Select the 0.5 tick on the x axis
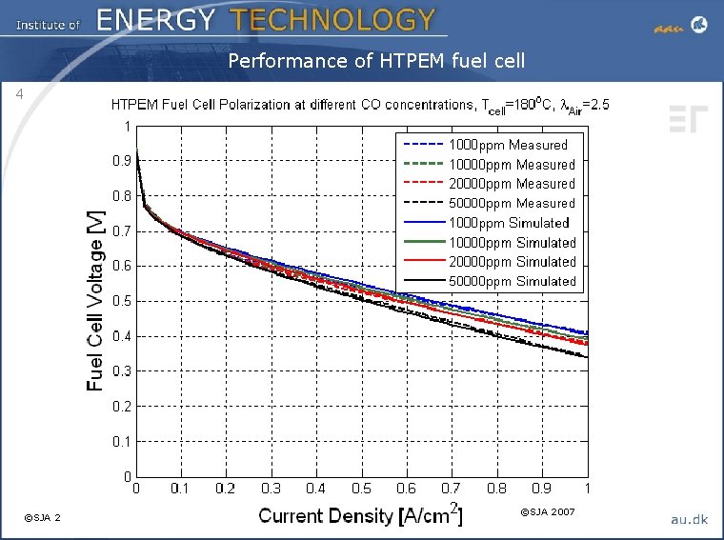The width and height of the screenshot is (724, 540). pos(362,489)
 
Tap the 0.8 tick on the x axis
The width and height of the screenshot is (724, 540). pos(497,489)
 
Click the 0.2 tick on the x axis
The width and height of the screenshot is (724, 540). pos(226,489)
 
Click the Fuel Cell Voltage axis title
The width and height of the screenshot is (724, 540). pos(96,301)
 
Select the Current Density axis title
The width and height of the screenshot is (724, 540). pos(361,516)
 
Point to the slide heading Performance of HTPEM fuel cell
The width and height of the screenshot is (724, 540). pos(376,62)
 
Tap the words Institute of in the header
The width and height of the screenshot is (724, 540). pos(48,24)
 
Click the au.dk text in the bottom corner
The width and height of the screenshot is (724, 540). pos(689,518)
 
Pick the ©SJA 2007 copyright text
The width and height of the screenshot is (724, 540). pos(547,512)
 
